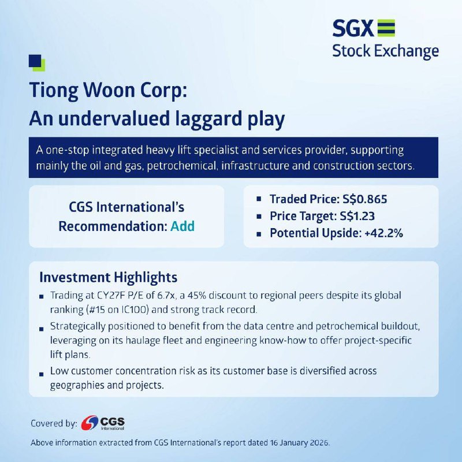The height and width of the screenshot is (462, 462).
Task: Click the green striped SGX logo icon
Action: (x=386, y=28)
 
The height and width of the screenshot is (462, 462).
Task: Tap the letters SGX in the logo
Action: (x=353, y=28)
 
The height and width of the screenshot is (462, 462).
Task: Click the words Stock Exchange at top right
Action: (x=385, y=51)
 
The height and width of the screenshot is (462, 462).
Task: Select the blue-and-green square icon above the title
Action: (x=37, y=63)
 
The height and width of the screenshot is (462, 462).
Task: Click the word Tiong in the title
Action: (x=54, y=91)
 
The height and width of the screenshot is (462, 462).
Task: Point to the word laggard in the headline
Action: (x=208, y=120)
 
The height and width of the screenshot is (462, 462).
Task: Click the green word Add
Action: (x=182, y=226)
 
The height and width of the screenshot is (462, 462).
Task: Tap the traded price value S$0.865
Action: (x=365, y=199)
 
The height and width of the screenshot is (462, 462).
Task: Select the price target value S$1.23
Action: (x=357, y=216)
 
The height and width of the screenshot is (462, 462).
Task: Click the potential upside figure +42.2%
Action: (x=383, y=233)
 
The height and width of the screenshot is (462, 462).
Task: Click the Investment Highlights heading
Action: (x=109, y=277)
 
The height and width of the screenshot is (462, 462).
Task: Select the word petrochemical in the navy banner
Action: (x=181, y=166)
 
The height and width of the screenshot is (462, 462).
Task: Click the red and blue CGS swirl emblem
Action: (x=90, y=423)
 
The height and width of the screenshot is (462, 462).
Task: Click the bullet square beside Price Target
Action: (x=259, y=217)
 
